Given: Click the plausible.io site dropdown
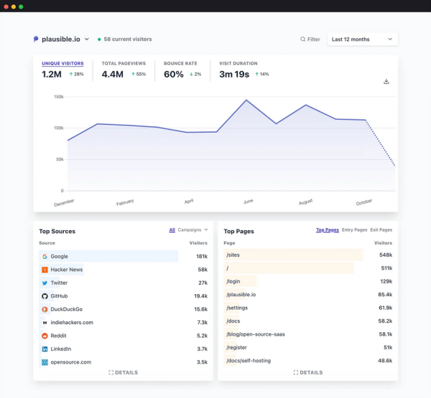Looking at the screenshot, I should click(62, 39).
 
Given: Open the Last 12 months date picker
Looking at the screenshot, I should click(362, 39).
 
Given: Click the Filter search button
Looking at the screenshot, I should click(310, 39).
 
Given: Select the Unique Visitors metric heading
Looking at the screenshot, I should click(62, 63).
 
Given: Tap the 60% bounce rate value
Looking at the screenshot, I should click(174, 74).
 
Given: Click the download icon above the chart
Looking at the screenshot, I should click(386, 81).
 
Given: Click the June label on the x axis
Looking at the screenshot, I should click(248, 202).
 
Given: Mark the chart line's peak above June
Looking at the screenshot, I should click(246, 100).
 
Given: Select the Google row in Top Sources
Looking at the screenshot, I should click(108, 256).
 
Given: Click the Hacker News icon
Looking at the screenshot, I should click(45, 270).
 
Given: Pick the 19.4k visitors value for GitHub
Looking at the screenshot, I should click(200, 295).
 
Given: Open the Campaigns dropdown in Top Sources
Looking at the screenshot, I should click(193, 230).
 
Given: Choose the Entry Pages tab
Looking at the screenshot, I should click(354, 230).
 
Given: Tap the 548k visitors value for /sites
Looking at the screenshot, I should click(385, 255).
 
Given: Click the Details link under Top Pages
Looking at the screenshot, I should click(307, 372).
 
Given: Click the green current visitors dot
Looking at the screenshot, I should click(99, 39).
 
